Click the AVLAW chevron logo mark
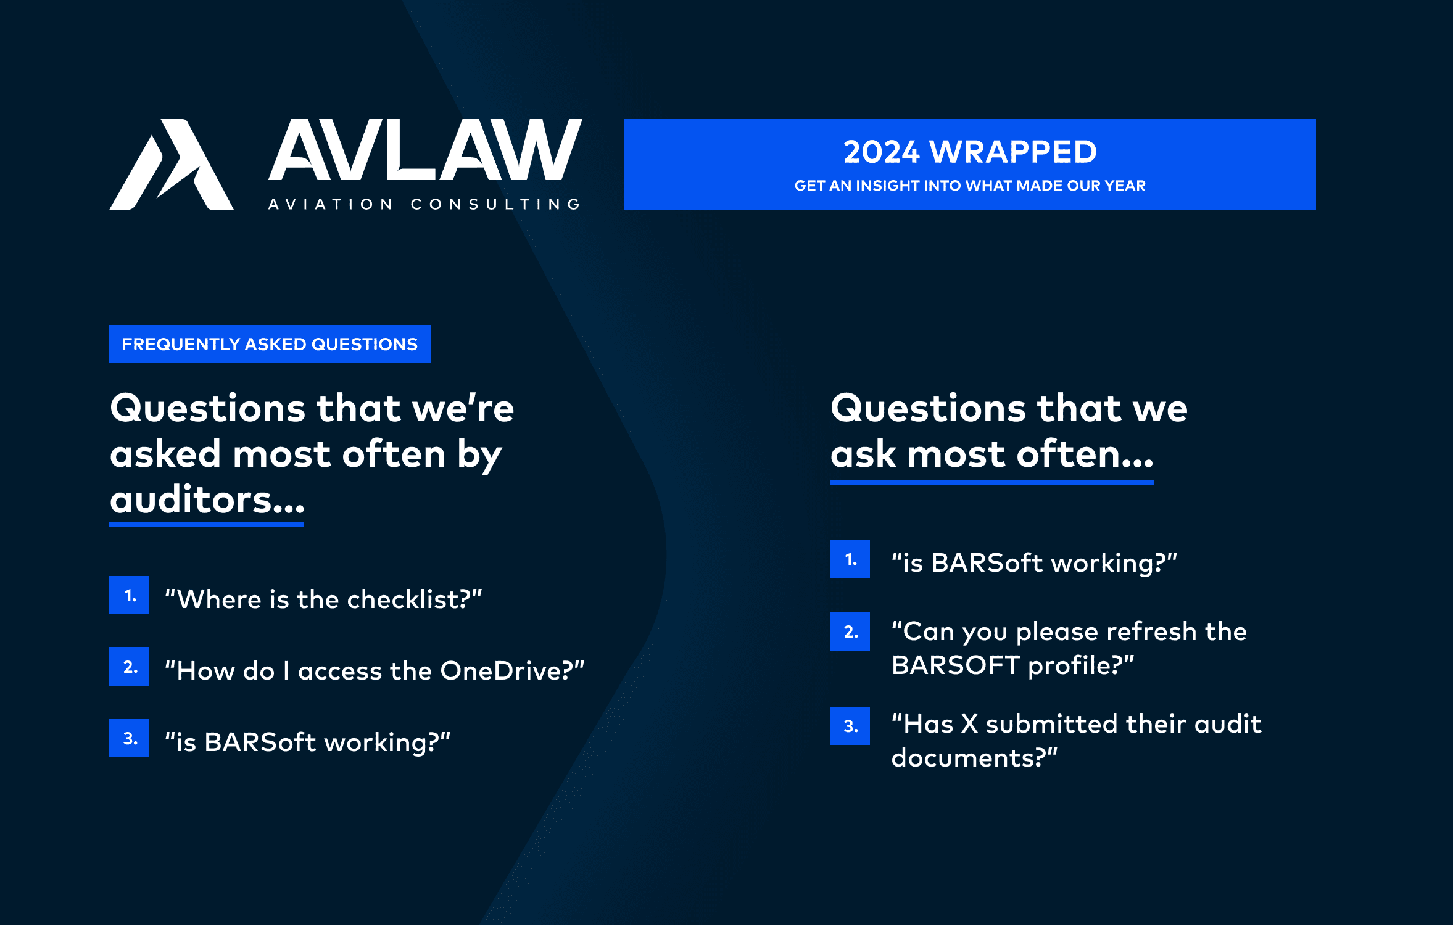point(172,165)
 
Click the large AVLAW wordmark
point(425,150)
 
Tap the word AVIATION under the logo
point(330,204)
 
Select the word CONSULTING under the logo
point(495,204)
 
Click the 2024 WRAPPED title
point(970,152)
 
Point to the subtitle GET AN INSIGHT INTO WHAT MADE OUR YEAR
point(970,186)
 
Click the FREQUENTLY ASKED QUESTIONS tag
point(270,344)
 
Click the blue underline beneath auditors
point(206,524)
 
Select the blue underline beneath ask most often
point(991,483)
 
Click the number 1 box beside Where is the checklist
point(129,595)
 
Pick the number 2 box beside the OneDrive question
point(129,667)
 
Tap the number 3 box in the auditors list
point(129,738)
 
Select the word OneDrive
point(501,670)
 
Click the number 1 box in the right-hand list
point(850,559)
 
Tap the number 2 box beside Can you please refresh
point(850,631)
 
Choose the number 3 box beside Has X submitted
point(850,726)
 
